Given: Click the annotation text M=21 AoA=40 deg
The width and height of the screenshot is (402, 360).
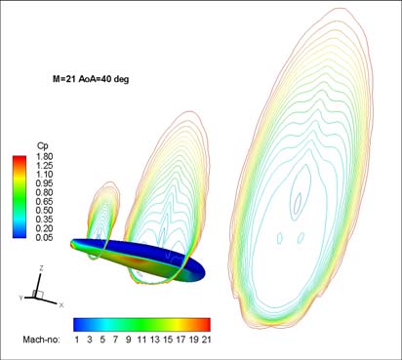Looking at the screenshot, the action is coord(91,79).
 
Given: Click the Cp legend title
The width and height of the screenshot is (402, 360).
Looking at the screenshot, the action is coord(43,146).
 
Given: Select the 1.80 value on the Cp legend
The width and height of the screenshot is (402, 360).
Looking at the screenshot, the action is coord(44,156).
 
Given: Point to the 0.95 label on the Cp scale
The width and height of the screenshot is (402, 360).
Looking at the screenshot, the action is coord(44,183).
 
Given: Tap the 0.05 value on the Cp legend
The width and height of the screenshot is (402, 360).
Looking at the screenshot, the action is coord(44,237).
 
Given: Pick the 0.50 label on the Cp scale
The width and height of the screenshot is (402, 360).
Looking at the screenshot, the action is coord(44,211).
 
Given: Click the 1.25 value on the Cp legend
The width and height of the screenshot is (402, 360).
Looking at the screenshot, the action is coord(44,166).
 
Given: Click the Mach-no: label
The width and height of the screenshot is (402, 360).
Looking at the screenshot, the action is coord(41,340).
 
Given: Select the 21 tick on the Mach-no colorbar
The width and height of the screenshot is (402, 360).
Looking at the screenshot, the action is coord(206,340).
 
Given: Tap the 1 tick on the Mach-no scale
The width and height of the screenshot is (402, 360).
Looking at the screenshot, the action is coord(77,340).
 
